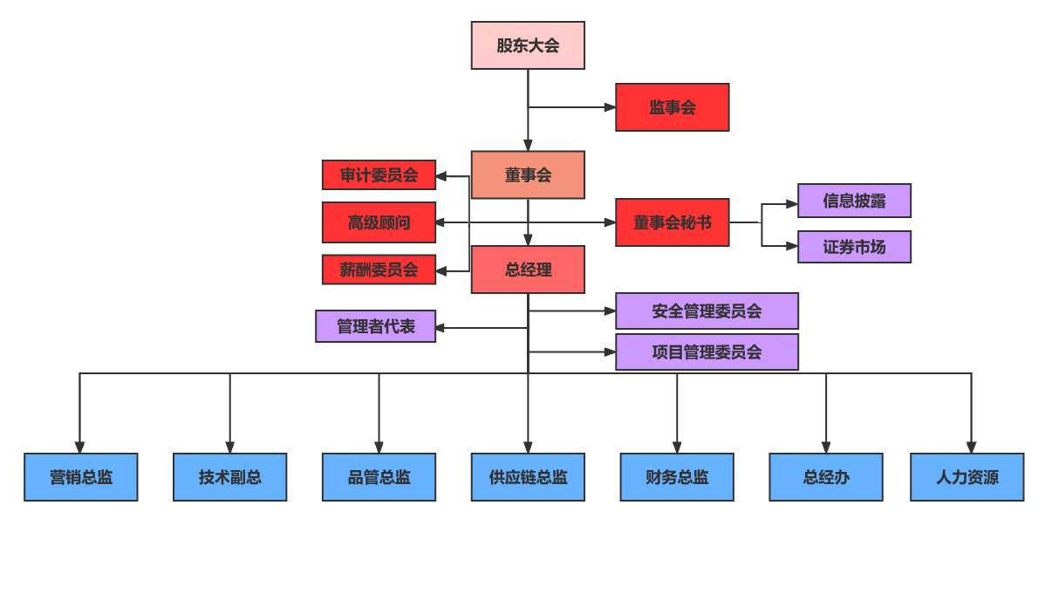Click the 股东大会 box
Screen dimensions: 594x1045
[x=528, y=45]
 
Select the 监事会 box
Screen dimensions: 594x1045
[x=672, y=107]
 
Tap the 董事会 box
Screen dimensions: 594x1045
[x=528, y=175]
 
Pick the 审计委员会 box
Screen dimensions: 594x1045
[x=379, y=175]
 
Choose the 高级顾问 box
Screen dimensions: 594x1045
[x=379, y=222]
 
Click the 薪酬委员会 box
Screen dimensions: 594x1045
[x=379, y=270]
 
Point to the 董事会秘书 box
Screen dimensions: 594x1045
[x=672, y=222]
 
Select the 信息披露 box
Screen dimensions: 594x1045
[x=854, y=201]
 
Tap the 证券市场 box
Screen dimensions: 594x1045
[x=854, y=247]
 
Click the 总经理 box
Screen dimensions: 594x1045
[x=528, y=270]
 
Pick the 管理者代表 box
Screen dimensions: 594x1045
[x=375, y=326]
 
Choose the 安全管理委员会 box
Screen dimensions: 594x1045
[x=707, y=311]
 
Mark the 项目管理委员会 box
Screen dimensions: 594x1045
[x=707, y=352]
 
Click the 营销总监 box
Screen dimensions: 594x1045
[x=80, y=477]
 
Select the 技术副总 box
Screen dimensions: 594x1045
[x=229, y=477]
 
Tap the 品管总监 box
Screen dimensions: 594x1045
[x=379, y=477]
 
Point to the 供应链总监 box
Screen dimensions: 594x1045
[x=528, y=477]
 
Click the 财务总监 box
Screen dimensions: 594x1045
[x=677, y=477]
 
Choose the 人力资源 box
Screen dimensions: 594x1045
[x=966, y=477]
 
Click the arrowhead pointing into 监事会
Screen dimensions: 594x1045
[x=610, y=107]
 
